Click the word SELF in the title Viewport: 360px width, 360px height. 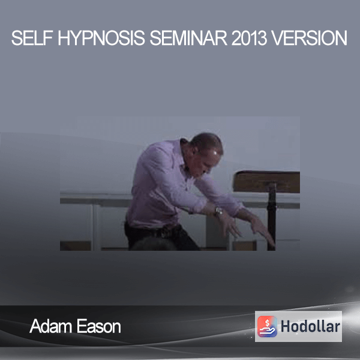point(32,38)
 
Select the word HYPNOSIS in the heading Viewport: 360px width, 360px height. point(101,38)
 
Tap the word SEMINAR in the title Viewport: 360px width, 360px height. point(188,38)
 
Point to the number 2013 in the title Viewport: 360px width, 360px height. point(249,38)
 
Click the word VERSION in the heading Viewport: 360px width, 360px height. point(309,38)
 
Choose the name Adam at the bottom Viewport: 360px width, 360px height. point(51,326)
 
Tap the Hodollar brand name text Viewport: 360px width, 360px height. point(310,326)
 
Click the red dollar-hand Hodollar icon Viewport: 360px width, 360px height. point(267,326)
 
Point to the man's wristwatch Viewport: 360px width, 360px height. point(218,211)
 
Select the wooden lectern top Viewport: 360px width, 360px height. point(266,181)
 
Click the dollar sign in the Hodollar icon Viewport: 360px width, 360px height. point(267,322)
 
